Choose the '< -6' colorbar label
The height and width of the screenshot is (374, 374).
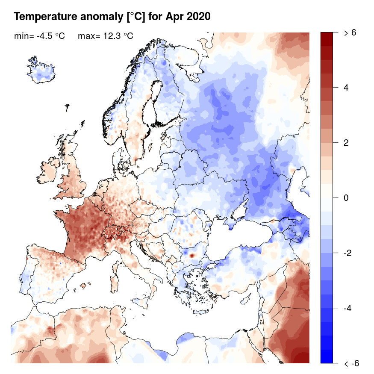351,363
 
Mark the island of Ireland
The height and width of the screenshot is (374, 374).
50,169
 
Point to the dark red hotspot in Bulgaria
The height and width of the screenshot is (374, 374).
192,255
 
